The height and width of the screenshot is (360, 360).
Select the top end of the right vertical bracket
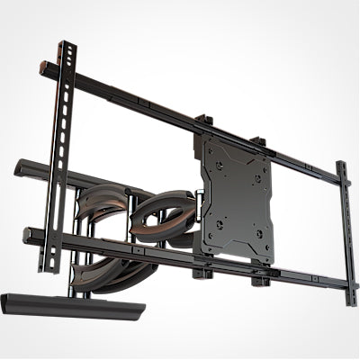(x=342, y=166)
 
